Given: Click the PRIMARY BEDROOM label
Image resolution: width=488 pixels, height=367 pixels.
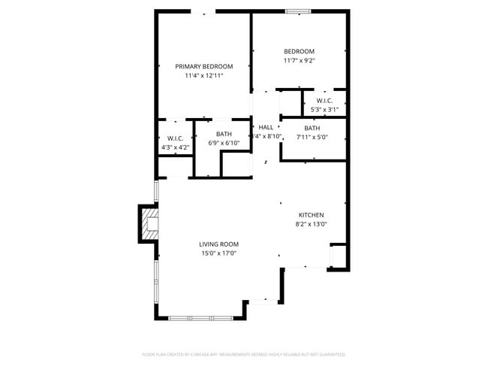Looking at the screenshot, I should [x=204, y=66].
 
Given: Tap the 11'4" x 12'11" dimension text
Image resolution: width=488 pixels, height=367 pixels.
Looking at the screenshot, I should [x=204, y=76].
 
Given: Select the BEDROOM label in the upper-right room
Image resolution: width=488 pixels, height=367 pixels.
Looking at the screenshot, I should [x=299, y=51].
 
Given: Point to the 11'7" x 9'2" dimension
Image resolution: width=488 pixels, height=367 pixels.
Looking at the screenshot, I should [x=299, y=61].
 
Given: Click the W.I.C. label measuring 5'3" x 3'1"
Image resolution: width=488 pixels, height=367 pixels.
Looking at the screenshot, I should [x=324, y=101].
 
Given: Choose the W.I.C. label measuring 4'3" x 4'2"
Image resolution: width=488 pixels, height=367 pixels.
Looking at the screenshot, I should [x=176, y=138].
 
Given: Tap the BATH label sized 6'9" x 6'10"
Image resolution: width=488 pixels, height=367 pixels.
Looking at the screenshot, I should [x=224, y=134].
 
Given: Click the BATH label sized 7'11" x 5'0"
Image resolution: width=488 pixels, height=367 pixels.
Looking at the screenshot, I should [x=312, y=128].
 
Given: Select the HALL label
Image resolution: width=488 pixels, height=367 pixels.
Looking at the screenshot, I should [x=266, y=127].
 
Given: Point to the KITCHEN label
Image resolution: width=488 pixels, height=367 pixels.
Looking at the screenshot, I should [x=311, y=215].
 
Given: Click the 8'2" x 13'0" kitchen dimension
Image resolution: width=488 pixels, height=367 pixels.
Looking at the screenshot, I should [x=311, y=224].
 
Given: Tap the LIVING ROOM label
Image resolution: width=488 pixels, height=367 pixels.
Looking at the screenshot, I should [x=218, y=244].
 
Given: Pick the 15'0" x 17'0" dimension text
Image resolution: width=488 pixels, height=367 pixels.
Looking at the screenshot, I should [x=218, y=253].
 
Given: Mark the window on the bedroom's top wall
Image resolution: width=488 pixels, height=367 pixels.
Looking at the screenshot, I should [x=298, y=11].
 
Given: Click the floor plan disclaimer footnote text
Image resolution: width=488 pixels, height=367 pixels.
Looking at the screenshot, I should [x=244, y=353].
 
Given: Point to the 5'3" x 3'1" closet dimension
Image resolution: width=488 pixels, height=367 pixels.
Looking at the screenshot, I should [x=324, y=110].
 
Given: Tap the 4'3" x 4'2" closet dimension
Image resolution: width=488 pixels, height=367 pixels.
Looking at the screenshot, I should [x=176, y=147].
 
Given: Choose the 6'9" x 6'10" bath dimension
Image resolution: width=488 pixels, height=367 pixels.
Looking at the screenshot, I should [x=224, y=143].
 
